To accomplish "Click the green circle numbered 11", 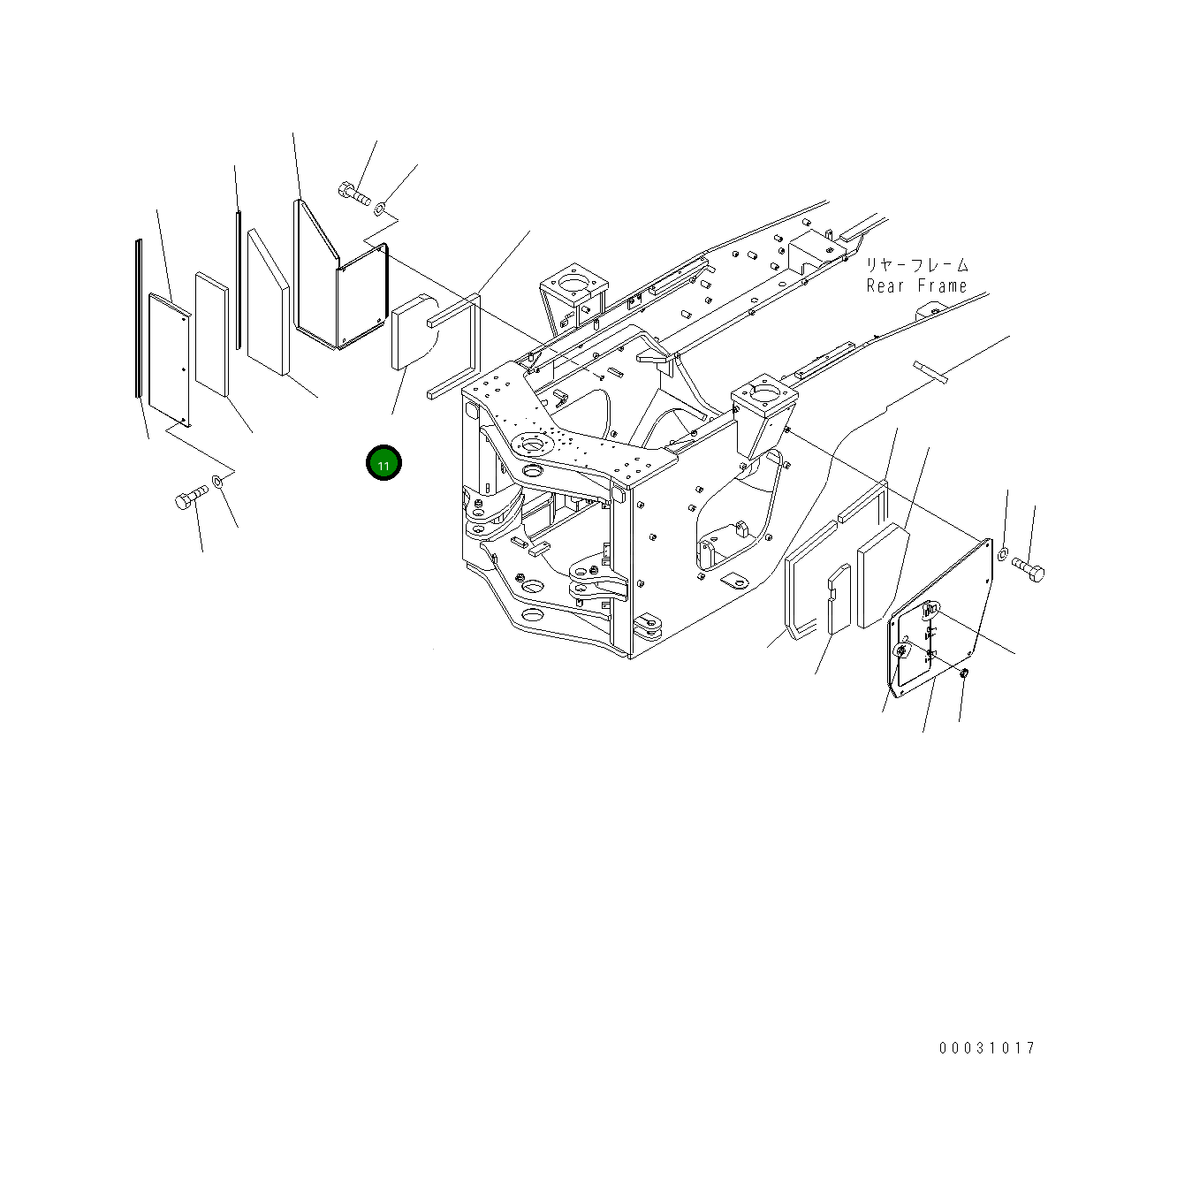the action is coord(383,463).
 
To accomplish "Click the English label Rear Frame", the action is coord(916,286).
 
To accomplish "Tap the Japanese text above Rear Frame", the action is coord(917,265).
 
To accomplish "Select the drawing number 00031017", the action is coord(987,1047).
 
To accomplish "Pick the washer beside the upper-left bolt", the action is coord(380,209).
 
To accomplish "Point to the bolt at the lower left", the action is coord(191,497).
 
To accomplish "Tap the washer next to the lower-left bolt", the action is coord(217,480).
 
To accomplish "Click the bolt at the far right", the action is coord(1029,570).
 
